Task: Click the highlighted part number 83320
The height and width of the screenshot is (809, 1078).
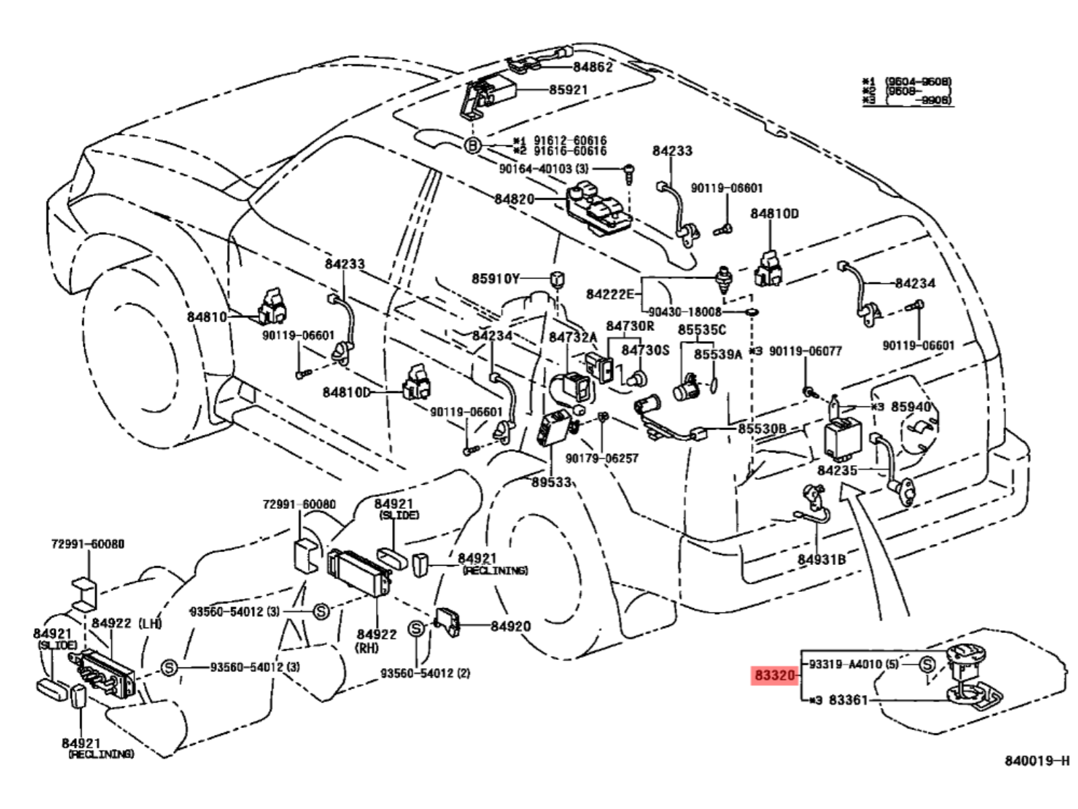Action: coord(775,675)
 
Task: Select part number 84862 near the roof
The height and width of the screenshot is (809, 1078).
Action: coord(593,67)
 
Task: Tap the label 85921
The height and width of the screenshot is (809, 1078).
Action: coord(568,90)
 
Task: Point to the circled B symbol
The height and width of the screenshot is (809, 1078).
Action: coord(473,145)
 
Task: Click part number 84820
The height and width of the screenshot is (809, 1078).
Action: coord(514,199)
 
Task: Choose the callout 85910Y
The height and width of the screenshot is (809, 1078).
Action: coord(495,278)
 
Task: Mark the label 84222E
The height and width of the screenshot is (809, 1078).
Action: coord(610,294)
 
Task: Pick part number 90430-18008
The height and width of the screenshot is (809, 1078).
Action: coord(685,312)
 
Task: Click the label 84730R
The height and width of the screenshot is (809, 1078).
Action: coord(629,326)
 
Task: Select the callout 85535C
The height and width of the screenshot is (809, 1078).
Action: coord(701,330)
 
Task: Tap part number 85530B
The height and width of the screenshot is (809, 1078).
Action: coord(761,429)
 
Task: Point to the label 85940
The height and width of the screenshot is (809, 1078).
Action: coord(910,407)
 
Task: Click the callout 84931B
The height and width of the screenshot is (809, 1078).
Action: coord(821,560)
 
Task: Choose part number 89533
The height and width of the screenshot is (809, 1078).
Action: coord(551,482)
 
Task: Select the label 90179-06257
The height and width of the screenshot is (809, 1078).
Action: coord(602,458)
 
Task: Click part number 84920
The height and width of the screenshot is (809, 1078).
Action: coord(510,626)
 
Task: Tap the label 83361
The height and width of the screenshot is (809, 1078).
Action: coord(848,700)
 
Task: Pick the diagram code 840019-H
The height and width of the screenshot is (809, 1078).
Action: coord(1036,761)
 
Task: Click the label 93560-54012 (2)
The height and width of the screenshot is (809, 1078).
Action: coord(424,673)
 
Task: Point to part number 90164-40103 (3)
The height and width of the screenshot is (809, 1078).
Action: coord(543,169)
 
